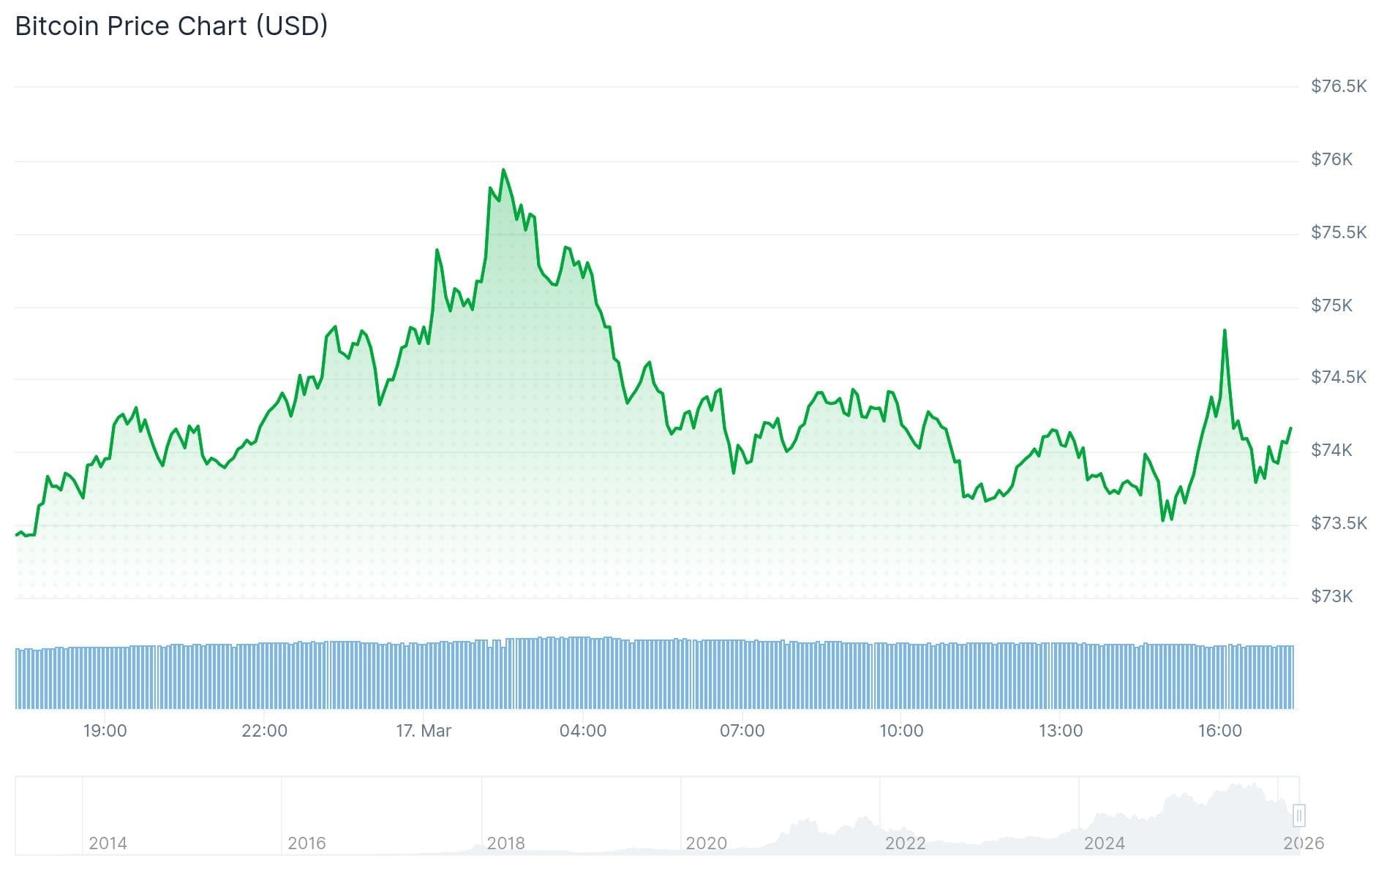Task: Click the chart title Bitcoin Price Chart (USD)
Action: tap(171, 26)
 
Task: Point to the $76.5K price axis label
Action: tap(1338, 86)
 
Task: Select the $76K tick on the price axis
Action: tap(1331, 159)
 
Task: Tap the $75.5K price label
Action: tap(1338, 232)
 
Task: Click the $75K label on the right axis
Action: tap(1331, 305)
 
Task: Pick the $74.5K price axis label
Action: tap(1338, 377)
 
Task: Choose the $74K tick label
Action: tap(1331, 450)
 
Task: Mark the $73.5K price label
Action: tap(1338, 523)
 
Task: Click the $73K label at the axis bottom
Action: tap(1331, 596)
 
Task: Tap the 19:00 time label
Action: tap(105, 731)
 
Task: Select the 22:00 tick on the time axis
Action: tap(264, 731)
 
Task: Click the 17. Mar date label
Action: tap(424, 731)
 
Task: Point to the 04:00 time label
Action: tap(582, 731)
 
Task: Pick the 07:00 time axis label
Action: tap(742, 731)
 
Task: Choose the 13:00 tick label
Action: tap(1061, 731)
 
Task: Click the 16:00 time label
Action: tap(1219, 731)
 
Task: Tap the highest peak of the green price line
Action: tap(503, 170)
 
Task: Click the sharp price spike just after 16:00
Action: tap(1225, 330)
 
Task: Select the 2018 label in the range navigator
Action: tap(505, 843)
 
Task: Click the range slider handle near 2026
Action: tap(1299, 815)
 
